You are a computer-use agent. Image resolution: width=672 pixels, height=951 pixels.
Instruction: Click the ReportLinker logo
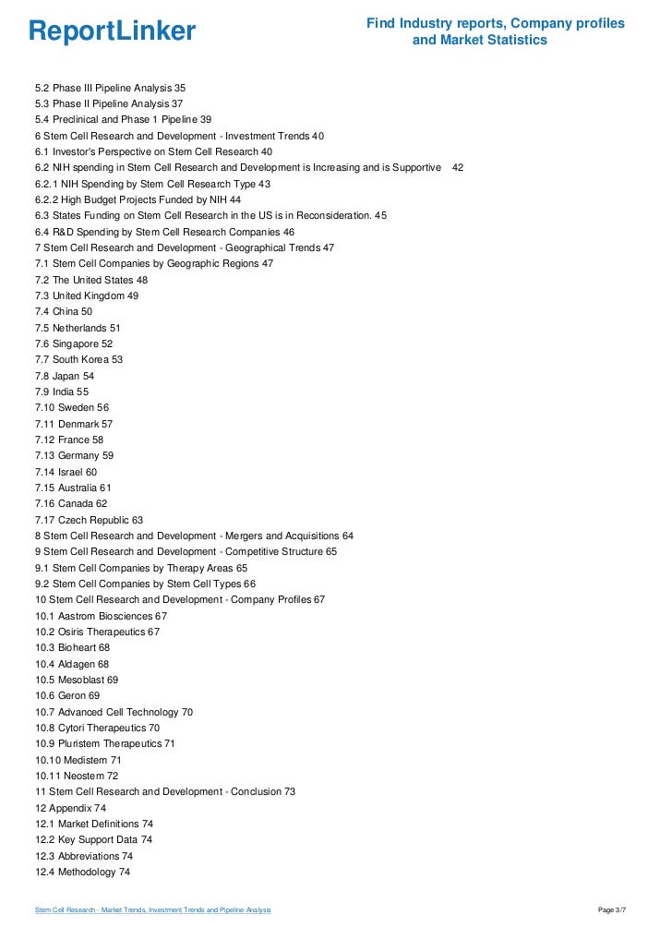(x=112, y=32)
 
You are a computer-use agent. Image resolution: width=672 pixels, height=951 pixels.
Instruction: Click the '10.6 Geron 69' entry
(x=67, y=695)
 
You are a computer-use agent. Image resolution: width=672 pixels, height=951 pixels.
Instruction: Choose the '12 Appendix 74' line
(x=70, y=808)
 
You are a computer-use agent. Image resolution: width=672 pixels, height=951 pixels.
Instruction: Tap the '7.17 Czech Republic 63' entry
(x=89, y=520)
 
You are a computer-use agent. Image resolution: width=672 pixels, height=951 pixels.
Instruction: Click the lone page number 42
(x=458, y=167)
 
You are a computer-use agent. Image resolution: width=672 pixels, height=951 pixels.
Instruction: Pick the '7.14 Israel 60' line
(x=66, y=472)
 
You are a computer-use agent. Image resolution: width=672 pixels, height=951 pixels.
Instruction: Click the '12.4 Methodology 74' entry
(x=81, y=872)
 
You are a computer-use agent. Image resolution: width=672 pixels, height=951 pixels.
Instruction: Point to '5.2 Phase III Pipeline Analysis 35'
(x=110, y=88)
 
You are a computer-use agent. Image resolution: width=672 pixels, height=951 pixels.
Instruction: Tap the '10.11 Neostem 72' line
(x=77, y=776)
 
